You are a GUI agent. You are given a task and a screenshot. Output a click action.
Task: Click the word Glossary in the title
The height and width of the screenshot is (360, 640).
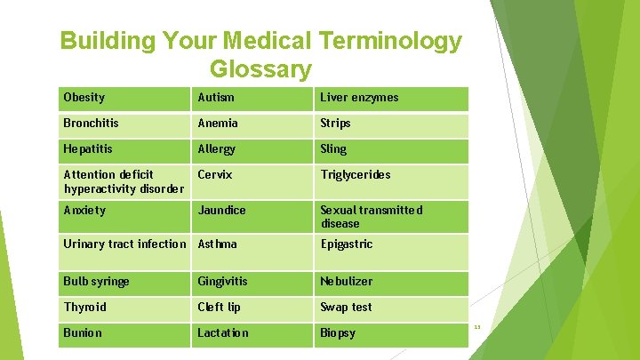tap(260, 68)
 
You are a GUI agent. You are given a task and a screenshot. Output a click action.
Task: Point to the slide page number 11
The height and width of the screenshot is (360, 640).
tap(477, 327)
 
